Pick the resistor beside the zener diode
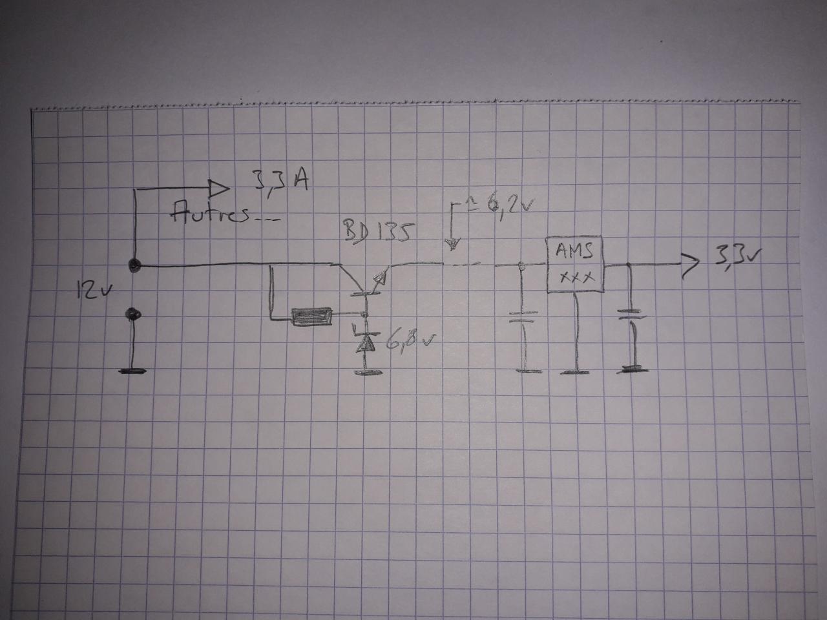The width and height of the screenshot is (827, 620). (x=313, y=316)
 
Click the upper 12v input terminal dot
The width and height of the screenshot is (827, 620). (x=134, y=265)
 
